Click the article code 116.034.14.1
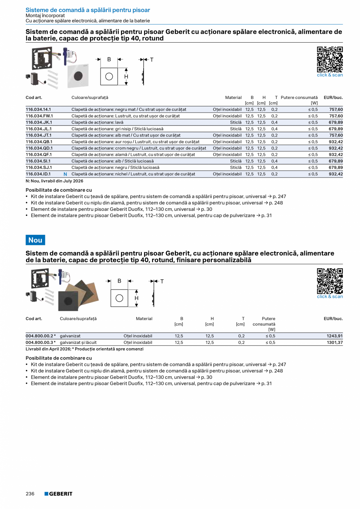[x=38, y=110]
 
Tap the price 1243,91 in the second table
[x=335, y=336]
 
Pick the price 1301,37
[x=335, y=342]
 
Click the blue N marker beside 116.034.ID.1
[x=65, y=174]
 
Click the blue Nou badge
[x=35, y=240]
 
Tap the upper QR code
[x=329, y=59]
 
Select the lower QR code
[x=329, y=281]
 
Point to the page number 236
[x=30, y=494]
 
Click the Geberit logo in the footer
[x=58, y=494]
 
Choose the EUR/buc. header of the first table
[x=333, y=97]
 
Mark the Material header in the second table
[x=144, y=319]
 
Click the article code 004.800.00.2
[x=39, y=336]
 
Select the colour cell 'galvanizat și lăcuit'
[x=78, y=342]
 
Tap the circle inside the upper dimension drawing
[x=109, y=76]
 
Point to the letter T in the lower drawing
[x=162, y=281]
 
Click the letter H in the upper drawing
[x=126, y=77]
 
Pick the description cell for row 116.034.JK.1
[x=97, y=122]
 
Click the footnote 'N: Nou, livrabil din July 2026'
[x=54, y=181]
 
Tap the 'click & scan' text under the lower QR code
[x=329, y=297]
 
